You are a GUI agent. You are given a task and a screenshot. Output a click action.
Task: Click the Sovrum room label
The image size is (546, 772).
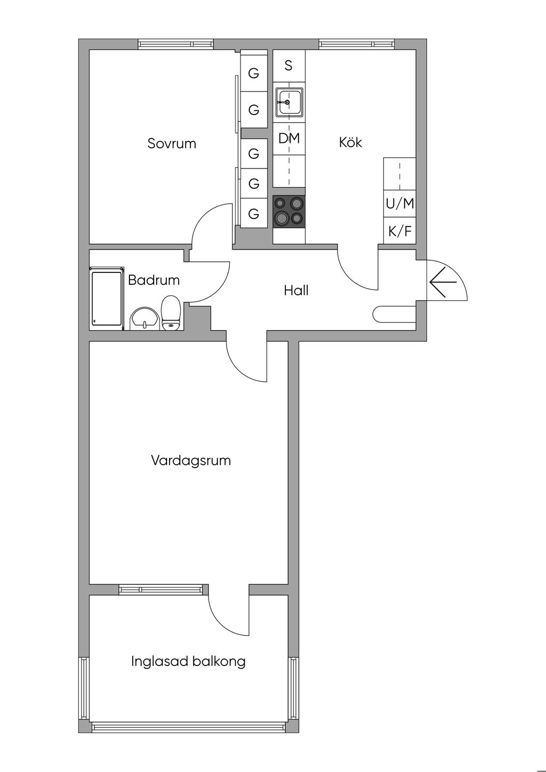[172, 143]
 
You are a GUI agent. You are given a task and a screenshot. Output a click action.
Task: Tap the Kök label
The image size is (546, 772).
[350, 142]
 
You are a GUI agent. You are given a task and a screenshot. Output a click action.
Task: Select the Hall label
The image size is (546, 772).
[296, 291]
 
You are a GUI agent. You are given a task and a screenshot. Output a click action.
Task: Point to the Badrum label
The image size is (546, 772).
[154, 280]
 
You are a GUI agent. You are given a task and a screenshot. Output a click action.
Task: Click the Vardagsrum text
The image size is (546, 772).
[191, 461]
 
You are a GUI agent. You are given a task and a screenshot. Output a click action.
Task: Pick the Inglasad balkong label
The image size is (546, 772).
[188, 661]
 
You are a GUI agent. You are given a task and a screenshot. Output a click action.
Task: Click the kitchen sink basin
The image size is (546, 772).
[289, 102]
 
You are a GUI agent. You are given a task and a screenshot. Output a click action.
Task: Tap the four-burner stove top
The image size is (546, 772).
[289, 212]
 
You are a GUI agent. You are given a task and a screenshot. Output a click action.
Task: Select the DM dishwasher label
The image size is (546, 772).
[289, 139]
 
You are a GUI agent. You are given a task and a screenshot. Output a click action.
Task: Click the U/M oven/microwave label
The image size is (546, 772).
[400, 204]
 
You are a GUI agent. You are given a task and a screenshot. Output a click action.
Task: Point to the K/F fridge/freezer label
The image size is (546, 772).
[400, 231]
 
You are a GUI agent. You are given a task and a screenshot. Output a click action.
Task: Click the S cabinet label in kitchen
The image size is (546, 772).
[288, 66]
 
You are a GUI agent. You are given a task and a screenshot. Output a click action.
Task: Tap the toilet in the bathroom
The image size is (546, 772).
[171, 313]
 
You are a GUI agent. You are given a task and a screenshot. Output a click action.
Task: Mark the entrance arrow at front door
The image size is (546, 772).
[443, 282]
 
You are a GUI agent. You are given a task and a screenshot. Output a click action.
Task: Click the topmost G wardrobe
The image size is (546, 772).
[254, 73]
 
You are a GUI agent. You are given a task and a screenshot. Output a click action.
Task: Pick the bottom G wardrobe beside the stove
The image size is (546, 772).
[254, 213]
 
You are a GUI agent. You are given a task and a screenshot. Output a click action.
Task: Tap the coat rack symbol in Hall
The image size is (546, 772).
[395, 315]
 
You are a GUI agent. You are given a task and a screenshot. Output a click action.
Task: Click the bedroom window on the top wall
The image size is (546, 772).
[176, 44]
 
